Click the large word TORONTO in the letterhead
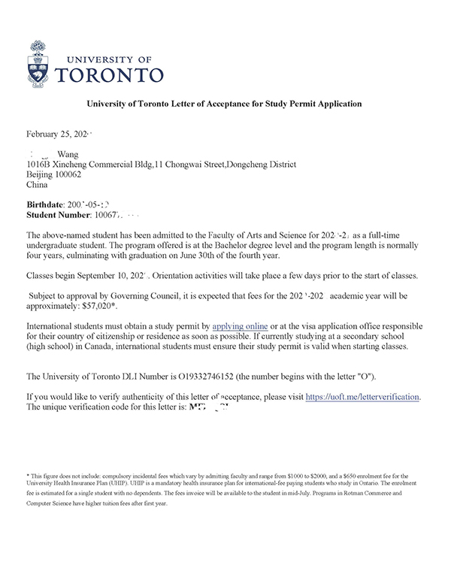[x=111, y=75]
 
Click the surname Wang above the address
[x=68, y=154]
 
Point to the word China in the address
[x=37, y=183]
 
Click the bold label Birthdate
[x=45, y=205]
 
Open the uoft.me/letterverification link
[x=362, y=396]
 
